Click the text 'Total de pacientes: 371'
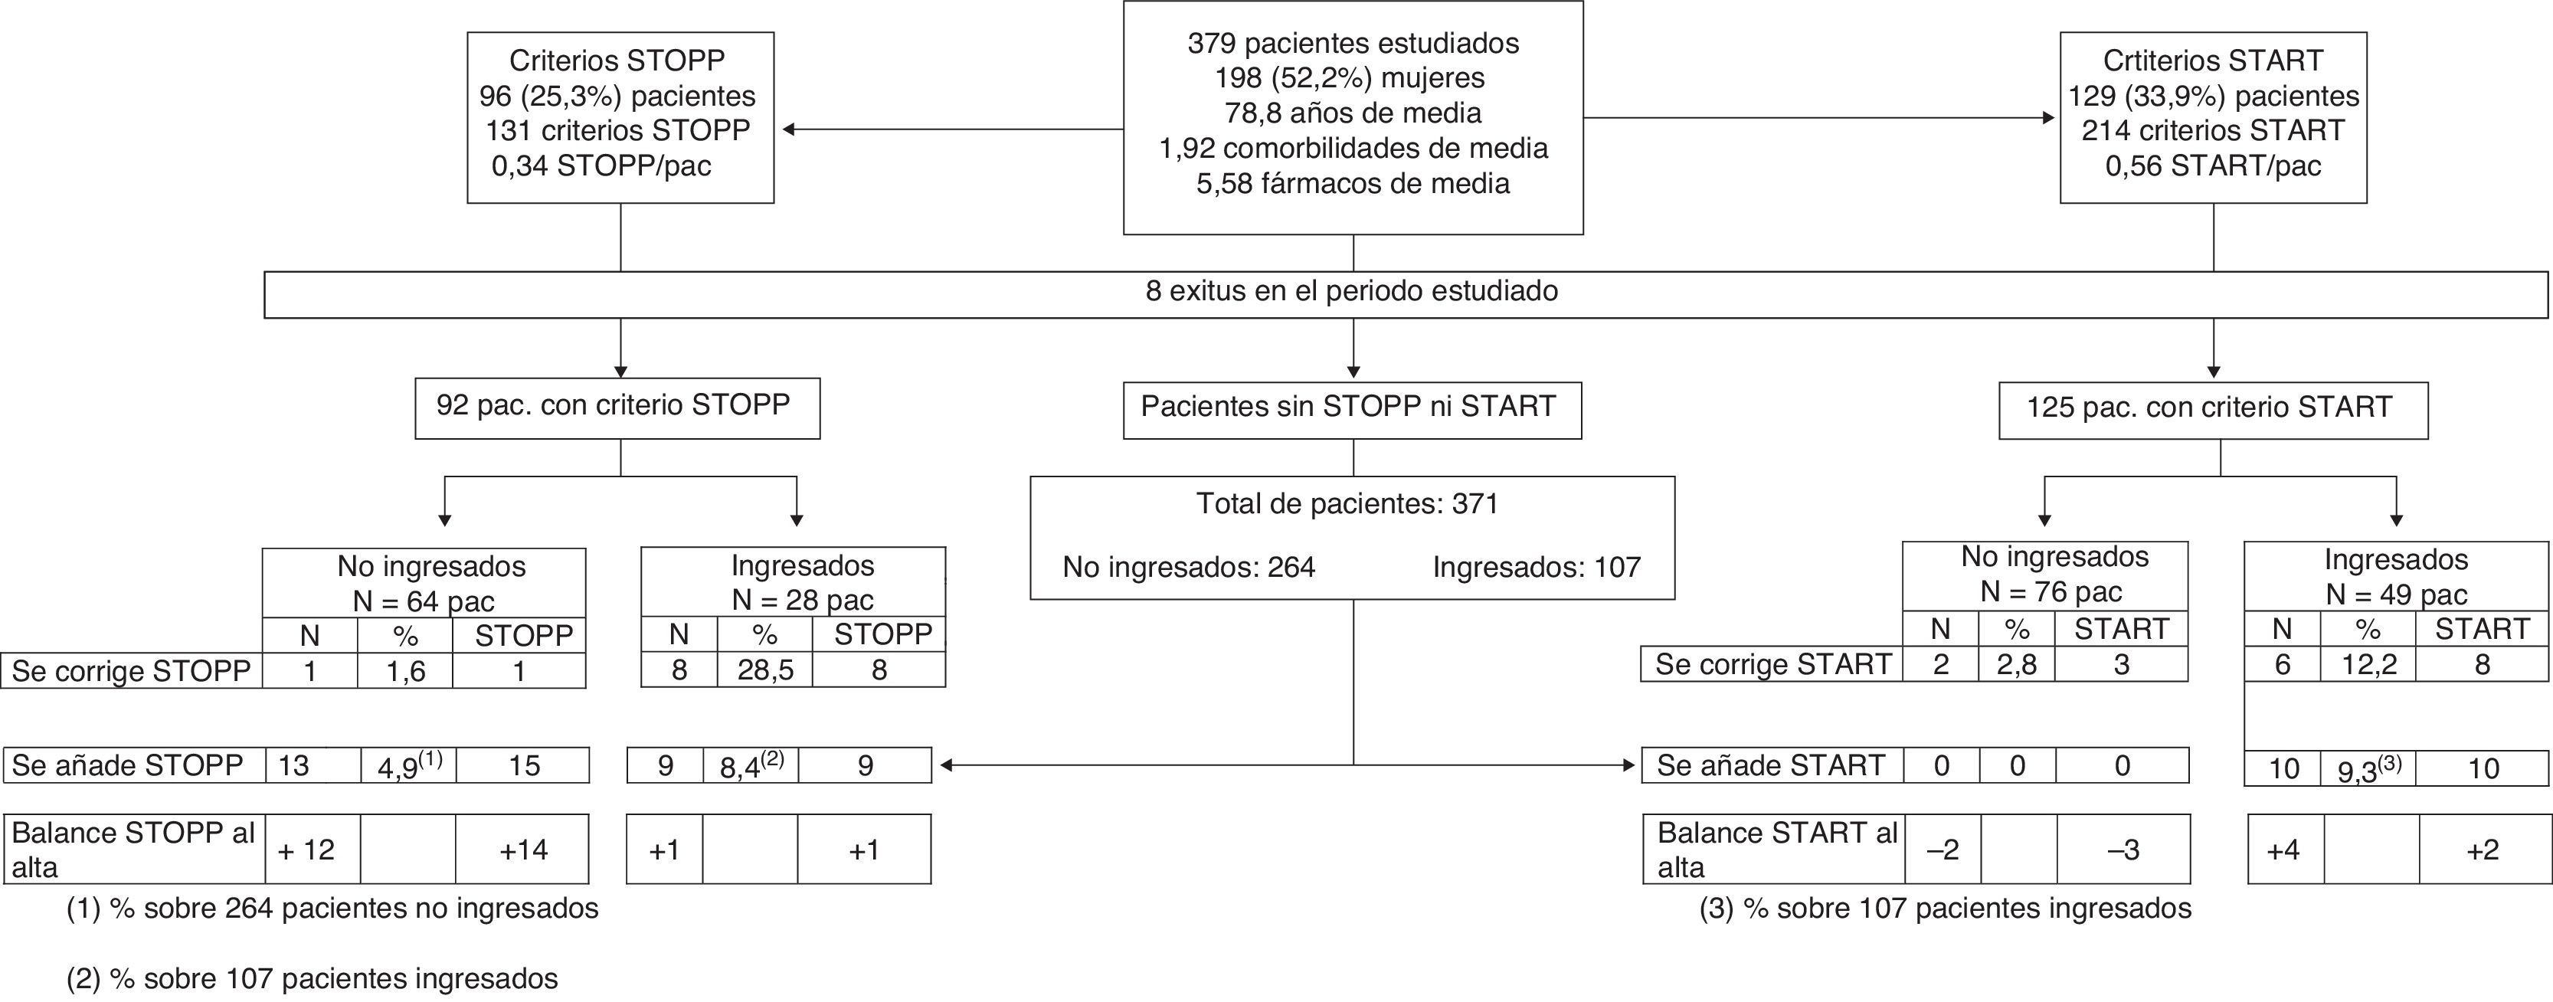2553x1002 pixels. (1347, 505)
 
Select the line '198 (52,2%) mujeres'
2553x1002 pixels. (1353, 78)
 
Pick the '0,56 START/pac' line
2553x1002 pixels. (2213, 165)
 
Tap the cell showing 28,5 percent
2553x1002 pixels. (764, 671)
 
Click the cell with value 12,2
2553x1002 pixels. (2367, 665)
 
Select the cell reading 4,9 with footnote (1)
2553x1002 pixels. (407, 766)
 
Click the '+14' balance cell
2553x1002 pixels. (522, 850)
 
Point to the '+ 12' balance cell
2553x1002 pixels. (306, 850)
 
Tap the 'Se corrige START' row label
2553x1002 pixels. (1772, 665)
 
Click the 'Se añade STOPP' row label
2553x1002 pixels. (128, 766)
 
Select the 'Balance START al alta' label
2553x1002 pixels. (1774, 850)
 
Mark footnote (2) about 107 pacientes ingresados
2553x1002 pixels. (313, 979)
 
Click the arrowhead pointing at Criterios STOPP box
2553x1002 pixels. (789, 129)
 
